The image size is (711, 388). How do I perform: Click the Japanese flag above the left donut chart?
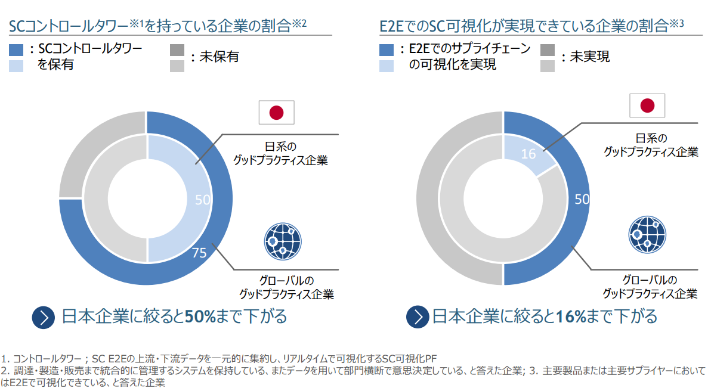(x=276, y=112)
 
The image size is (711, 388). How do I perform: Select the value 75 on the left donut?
(x=199, y=253)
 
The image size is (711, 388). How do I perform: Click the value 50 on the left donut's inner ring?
(x=203, y=200)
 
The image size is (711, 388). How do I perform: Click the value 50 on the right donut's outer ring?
(x=582, y=199)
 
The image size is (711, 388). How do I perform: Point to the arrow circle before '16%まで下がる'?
(x=418, y=316)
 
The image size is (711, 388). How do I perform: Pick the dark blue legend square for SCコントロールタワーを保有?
(x=17, y=49)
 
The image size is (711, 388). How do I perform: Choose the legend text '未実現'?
(x=590, y=57)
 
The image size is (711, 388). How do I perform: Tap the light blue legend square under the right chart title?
(x=387, y=64)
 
